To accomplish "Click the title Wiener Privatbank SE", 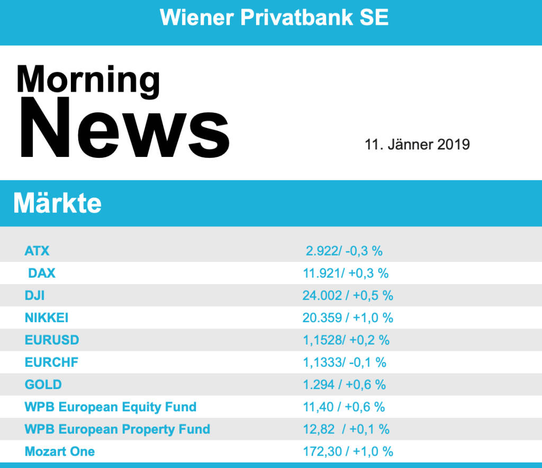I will [x=274, y=17].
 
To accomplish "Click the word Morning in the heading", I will [x=88, y=80].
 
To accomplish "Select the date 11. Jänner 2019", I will [x=417, y=144].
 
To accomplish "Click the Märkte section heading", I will [x=57, y=203].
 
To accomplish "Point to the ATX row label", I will [x=37, y=250].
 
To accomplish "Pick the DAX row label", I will [x=41, y=273].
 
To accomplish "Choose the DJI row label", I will [x=34, y=295].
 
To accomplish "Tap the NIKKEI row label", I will [x=47, y=317].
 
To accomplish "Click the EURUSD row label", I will [x=52, y=340].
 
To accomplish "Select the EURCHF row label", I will [x=51, y=362].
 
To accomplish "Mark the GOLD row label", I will [x=43, y=384].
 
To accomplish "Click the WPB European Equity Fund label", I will [x=111, y=407].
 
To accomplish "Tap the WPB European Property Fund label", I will [x=118, y=429].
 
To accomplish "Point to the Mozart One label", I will [x=60, y=451].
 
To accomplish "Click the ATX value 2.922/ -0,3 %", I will [x=344, y=250].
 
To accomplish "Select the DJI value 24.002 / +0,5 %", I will [x=348, y=295].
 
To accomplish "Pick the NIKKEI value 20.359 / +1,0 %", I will [x=348, y=317].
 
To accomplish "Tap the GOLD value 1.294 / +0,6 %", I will [x=345, y=384].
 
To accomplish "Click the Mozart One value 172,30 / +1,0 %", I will [x=348, y=451].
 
